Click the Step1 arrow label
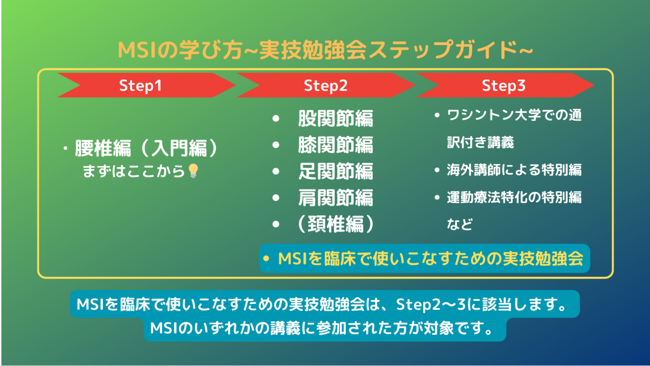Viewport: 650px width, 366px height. (x=140, y=86)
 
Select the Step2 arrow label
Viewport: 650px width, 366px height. (x=325, y=86)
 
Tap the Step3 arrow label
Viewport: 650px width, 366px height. (x=504, y=86)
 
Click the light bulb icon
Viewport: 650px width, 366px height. (x=193, y=170)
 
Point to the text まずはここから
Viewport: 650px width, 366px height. (x=134, y=171)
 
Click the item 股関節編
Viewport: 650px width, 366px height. (x=335, y=118)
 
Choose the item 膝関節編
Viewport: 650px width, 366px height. (x=335, y=145)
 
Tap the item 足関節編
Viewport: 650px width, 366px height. (x=335, y=171)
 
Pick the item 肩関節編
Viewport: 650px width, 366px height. (x=335, y=198)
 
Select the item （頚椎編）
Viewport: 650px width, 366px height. (x=335, y=224)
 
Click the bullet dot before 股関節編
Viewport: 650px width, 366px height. (x=276, y=118)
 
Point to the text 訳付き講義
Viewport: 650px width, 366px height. (x=481, y=142)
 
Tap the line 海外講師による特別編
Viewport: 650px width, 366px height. (x=514, y=170)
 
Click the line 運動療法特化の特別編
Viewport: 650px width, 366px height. (x=514, y=197)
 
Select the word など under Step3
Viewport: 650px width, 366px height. (x=460, y=224)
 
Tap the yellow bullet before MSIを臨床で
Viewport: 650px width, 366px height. (x=266, y=258)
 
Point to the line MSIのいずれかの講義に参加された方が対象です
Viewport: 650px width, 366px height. (x=321, y=328)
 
